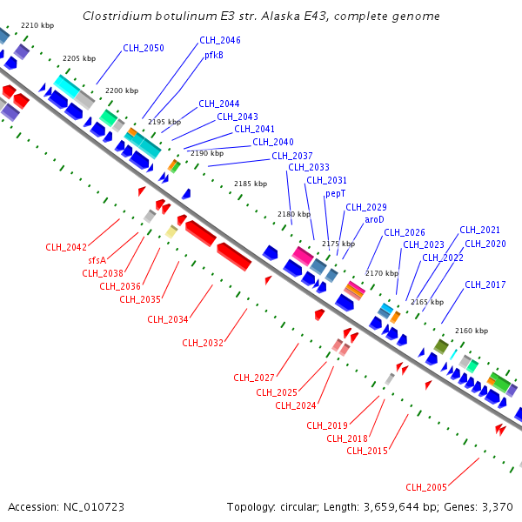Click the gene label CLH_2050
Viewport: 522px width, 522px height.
pos(144,48)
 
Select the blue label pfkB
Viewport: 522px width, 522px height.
pos(214,55)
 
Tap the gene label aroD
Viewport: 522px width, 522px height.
pos(374,219)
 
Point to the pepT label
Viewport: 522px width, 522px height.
pos(336,193)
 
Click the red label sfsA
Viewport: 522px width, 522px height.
pos(97,260)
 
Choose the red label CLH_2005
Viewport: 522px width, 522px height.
pos(426,486)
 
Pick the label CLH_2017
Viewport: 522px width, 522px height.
pos(485,284)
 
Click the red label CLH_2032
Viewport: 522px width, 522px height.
pos(203,343)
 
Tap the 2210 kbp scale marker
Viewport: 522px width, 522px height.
pos(37,26)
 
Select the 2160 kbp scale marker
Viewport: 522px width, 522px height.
pos(472,331)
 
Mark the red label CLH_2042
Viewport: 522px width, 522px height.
pos(66,247)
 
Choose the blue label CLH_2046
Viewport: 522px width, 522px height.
pos(220,40)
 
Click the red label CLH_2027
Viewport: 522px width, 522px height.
pos(254,377)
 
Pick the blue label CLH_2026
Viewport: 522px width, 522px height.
pos(405,232)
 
